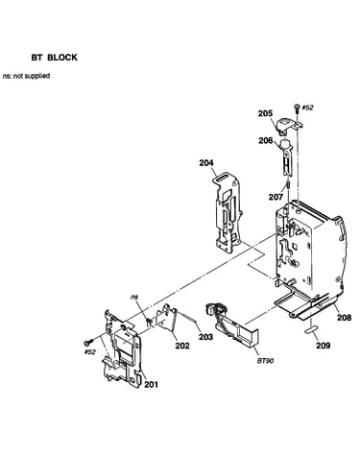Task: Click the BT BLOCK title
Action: coord(54,58)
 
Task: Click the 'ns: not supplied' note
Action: coord(26,76)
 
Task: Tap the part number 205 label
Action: coord(266,113)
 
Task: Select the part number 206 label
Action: coord(266,140)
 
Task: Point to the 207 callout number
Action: coord(276,197)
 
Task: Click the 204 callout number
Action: coord(206,163)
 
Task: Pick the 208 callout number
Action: coord(344,317)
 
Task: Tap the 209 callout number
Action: coord(324,346)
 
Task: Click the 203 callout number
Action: coord(205,337)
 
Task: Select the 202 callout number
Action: coord(182,346)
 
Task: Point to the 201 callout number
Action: coord(151,384)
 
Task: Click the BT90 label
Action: coord(265,361)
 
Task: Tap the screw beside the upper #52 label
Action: coord(297,108)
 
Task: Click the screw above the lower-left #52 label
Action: coord(87,342)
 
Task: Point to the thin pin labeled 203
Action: coord(186,316)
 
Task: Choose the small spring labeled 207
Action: coord(288,185)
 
